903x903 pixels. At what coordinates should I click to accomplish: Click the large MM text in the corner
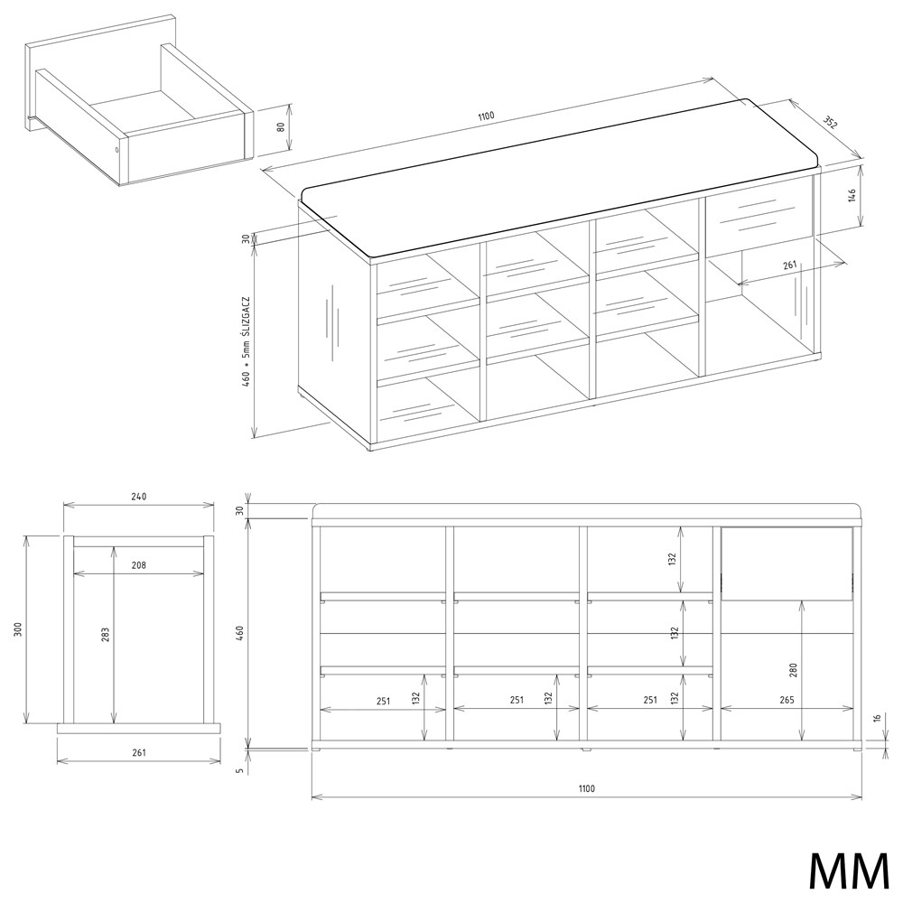pos(850,870)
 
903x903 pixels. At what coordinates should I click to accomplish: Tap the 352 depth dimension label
pos(829,123)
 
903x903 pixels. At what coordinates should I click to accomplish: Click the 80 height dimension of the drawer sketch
pos(282,126)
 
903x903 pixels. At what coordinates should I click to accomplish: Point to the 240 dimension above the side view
pos(139,497)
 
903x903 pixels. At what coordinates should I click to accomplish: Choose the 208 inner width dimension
pos(139,565)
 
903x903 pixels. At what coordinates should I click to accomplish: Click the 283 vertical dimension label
pos(106,635)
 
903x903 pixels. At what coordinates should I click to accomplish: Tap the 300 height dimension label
pos(18,629)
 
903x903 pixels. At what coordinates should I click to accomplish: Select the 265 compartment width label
pos(787,701)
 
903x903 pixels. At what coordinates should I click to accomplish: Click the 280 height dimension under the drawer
pos(794,670)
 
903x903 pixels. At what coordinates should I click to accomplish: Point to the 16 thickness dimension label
pos(877,718)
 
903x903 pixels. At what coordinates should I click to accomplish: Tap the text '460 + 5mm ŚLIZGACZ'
pos(246,341)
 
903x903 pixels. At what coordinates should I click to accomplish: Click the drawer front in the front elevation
pos(787,563)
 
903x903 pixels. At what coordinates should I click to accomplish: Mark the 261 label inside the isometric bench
pos(789,265)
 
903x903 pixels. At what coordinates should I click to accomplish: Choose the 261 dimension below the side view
pos(139,752)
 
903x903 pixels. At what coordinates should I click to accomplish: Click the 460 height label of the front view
pos(241,634)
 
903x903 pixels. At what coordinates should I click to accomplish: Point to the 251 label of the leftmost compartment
pos(383,701)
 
